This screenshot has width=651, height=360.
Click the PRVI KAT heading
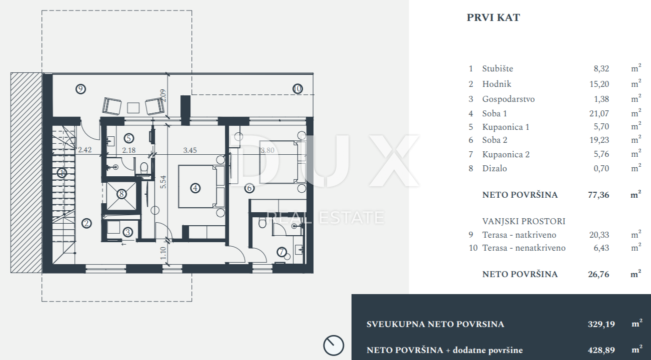click(493, 17)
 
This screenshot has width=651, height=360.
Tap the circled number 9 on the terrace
click(80, 88)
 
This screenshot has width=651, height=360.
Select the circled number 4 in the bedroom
click(195, 188)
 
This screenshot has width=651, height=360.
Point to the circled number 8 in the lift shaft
click(121, 194)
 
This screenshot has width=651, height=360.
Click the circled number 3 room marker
click(128, 232)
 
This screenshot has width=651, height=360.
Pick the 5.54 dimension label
click(163, 182)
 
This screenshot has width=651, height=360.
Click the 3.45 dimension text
click(190, 150)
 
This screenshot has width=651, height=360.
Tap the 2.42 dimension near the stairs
click(85, 150)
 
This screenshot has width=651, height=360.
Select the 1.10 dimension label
click(163, 253)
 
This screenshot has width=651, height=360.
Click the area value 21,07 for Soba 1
click(599, 113)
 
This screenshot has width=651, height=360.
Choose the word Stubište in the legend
click(498, 68)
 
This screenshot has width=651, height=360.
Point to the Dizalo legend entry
click(494, 169)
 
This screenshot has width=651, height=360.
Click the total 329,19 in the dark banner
click(601, 324)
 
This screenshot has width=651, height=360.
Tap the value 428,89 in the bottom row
click(601, 350)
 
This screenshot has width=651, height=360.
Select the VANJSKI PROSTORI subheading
click(524, 221)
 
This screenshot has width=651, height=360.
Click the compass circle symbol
click(333, 346)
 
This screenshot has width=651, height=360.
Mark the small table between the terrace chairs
click(133, 108)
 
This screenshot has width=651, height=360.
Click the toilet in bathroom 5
click(143, 168)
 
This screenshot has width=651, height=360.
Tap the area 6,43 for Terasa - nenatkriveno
click(601, 248)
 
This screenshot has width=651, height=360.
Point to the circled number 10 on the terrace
click(297, 88)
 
